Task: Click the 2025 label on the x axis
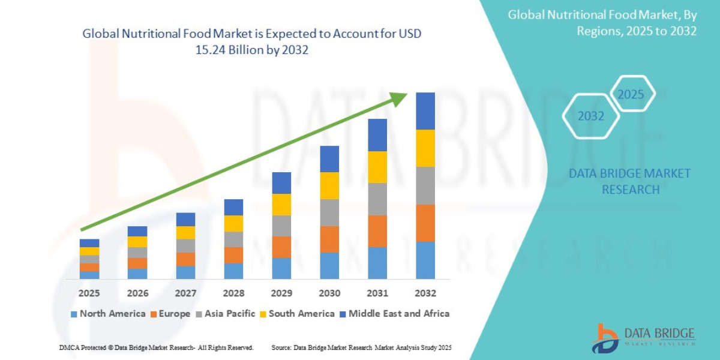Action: click(x=89, y=293)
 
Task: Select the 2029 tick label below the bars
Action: click(x=281, y=293)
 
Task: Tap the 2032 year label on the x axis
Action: click(x=425, y=293)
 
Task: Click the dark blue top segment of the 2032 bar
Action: click(x=425, y=111)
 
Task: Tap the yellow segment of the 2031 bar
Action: click(x=377, y=167)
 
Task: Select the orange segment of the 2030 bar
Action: click(x=329, y=239)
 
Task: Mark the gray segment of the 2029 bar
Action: click(x=281, y=226)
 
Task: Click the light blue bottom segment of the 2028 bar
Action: click(x=233, y=271)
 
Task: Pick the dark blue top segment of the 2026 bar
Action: click(x=137, y=231)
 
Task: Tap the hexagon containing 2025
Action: click(x=632, y=94)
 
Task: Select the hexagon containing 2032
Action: click(x=590, y=116)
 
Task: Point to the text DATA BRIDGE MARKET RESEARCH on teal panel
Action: click(x=629, y=181)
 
